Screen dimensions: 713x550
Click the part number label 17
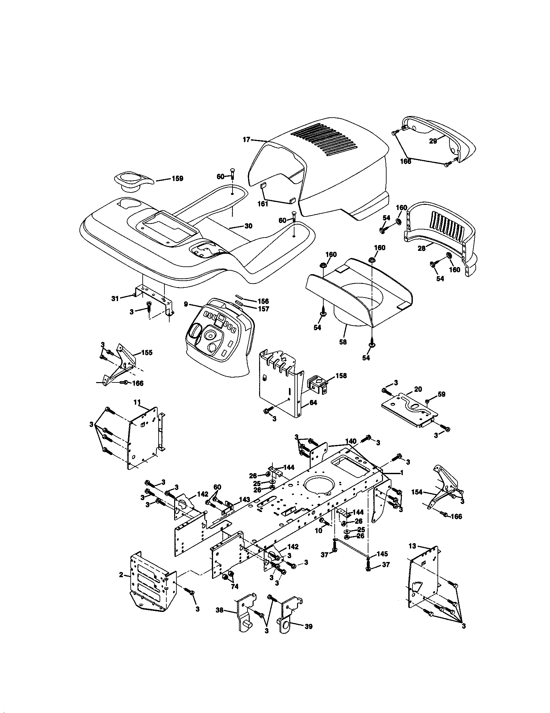tap(246, 140)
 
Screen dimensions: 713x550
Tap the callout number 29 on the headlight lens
tap(433, 141)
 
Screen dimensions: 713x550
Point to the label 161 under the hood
tap(263, 204)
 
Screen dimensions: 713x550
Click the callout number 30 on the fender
tap(248, 226)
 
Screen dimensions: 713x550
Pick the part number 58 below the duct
tap(343, 342)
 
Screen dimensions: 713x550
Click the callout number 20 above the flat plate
tap(418, 389)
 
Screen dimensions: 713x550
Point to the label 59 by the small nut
tap(441, 394)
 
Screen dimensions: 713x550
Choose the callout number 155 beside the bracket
tap(147, 353)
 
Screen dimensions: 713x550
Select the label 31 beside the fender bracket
tap(115, 298)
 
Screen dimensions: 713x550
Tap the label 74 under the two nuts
tap(234, 587)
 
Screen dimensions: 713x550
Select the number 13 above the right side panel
tap(413, 546)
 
